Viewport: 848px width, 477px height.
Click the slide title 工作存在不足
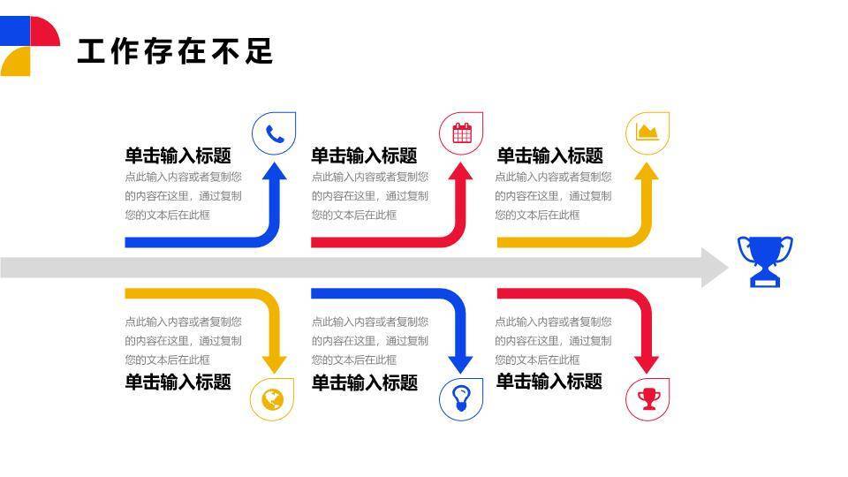pos(175,50)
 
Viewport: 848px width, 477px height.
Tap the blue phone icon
pos(274,133)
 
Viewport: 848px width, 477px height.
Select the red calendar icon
pos(461,133)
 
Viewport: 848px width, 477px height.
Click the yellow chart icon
pos(647,133)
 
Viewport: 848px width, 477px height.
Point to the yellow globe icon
pos(272,398)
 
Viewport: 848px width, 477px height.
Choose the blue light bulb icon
pos(461,398)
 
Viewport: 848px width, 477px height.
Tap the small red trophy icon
pos(647,398)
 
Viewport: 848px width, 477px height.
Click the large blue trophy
pos(765,261)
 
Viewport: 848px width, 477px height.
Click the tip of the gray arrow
pos(726,267)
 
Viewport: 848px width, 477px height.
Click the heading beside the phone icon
pos(178,156)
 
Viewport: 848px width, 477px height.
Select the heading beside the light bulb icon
pos(364,382)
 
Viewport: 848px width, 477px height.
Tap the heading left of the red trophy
pos(549,382)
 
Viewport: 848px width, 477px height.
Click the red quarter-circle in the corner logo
pos(43,32)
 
